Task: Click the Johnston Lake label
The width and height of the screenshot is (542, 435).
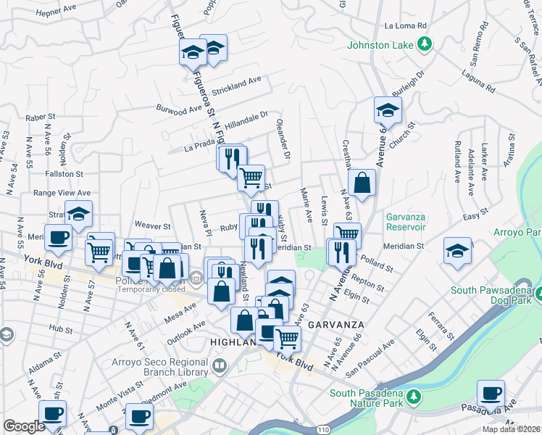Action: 380,45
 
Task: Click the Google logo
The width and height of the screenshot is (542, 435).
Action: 24,426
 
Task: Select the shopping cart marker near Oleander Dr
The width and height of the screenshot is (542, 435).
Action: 251,177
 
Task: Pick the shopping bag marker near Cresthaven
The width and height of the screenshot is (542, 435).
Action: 362,183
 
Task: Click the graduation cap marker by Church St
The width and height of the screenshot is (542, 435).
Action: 388,110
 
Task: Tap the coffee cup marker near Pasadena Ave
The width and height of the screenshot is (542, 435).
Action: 491,393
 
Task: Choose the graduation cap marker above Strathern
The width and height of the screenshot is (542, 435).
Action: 78,213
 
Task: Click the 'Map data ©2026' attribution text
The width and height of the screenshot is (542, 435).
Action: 512,429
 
